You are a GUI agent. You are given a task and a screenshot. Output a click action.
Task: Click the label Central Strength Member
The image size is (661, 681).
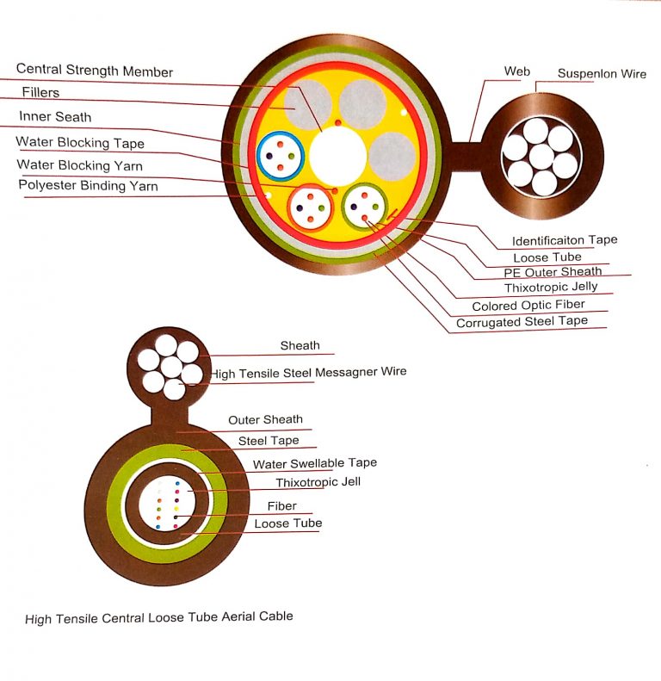95,71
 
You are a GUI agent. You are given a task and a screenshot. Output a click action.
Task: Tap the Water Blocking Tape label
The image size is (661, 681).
80,143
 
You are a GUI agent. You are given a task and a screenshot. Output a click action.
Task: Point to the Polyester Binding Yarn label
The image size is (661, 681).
88,185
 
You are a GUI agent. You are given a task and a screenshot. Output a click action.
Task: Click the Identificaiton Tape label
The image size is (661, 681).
565,240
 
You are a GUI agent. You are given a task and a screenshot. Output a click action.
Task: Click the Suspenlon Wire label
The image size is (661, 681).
602,74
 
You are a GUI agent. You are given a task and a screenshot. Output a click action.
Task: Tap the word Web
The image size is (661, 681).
517,71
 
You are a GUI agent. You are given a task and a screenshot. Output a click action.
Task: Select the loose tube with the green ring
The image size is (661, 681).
365,206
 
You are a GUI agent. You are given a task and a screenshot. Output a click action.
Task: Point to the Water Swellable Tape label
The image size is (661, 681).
314,463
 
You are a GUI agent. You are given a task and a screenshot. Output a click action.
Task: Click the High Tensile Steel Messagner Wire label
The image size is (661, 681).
310,372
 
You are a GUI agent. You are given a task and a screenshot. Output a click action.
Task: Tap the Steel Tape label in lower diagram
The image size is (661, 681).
269,441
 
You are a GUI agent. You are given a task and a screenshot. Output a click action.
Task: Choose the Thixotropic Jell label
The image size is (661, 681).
318,482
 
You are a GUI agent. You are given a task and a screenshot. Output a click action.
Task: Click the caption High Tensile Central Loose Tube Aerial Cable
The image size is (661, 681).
159,617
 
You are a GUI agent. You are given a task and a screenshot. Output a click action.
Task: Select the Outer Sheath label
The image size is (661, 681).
265,420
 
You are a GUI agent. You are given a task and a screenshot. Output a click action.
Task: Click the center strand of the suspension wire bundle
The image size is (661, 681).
541,156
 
